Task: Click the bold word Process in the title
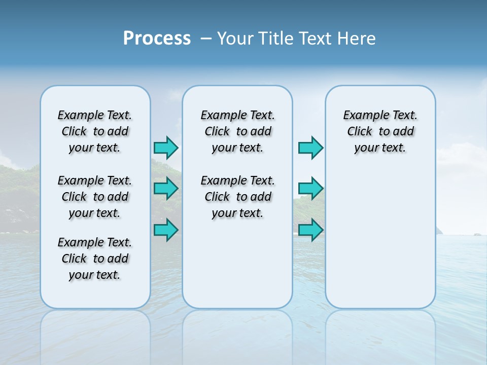[157, 38]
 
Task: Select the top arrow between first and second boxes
[166, 148]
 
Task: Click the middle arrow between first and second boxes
[166, 188]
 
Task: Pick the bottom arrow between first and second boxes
[166, 230]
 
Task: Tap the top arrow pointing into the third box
[310, 148]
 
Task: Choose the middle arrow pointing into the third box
[310, 188]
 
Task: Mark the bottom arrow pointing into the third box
[310, 230]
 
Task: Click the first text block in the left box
[95, 131]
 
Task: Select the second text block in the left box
[95, 197]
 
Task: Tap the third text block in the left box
[95, 259]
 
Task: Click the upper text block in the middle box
[237, 131]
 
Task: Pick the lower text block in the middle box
[237, 197]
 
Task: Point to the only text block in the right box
[380, 131]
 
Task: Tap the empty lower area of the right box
[380, 238]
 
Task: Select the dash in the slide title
[206, 38]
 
